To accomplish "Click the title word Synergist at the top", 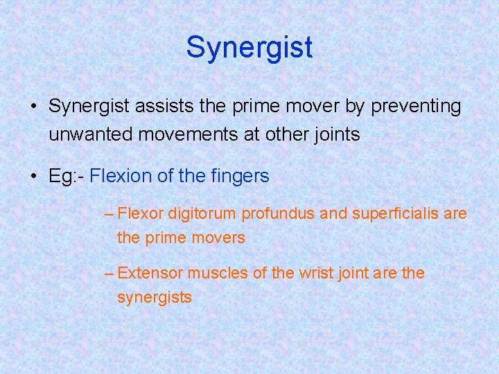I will point(249,47).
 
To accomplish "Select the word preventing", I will point(417,107).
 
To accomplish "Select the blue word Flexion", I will point(121,176).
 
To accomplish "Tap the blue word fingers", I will point(240,176).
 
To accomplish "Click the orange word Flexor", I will point(141,214).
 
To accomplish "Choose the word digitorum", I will point(202,214).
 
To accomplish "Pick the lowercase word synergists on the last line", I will point(155,298).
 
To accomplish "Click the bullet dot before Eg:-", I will point(34,177).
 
